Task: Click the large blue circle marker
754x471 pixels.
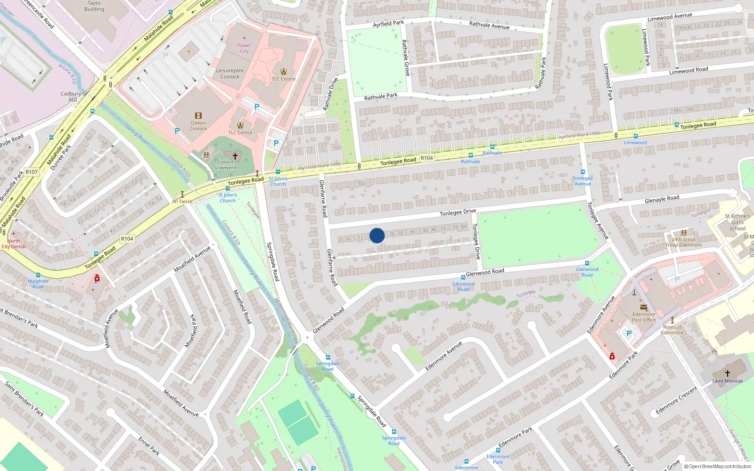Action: click(377, 235)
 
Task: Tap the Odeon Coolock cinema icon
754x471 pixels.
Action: click(198, 115)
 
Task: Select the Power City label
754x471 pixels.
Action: click(244, 48)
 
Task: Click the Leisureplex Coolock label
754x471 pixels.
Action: click(230, 73)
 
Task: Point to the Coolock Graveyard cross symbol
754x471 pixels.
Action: click(235, 155)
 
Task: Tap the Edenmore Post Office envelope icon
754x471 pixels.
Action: click(644, 307)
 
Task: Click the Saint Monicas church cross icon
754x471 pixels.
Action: click(727, 373)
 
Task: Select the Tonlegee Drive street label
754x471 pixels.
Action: click(458, 212)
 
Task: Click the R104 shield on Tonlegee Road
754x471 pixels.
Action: click(426, 158)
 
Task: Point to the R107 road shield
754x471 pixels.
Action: click(32, 172)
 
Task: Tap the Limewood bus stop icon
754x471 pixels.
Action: click(635, 136)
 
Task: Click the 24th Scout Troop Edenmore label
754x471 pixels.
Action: click(684, 242)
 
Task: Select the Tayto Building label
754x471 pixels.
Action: click(94, 6)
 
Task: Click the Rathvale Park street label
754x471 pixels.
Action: click(381, 97)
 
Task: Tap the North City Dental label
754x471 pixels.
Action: click(13, 244)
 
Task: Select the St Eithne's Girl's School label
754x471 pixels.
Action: click(738, 222)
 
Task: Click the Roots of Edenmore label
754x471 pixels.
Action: click(672, 330)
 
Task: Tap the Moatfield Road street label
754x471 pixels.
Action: click(242, 307)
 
